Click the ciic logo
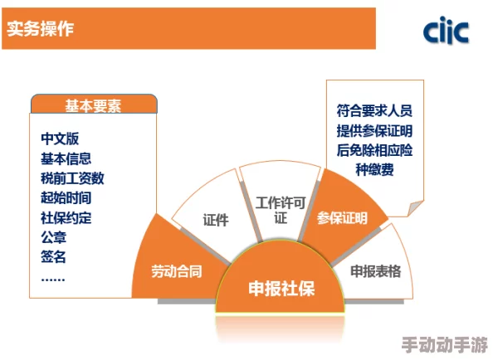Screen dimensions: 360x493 click(x=447, y=31)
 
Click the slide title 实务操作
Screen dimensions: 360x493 click(x=41, y=29)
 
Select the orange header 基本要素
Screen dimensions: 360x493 click(x=93, y=105)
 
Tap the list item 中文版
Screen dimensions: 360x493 click(x=60, y=139)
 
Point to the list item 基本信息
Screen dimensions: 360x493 click(x=66, y=158)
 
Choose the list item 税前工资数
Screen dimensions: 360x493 click(x=72, y=178)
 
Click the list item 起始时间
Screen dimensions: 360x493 click(x=66, y=198)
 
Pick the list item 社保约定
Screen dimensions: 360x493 click(x=66, y=218)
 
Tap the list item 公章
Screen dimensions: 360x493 click(x=53, y=238)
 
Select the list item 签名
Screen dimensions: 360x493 click(x=53, y=257)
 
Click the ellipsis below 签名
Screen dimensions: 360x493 click(x=52, y=277)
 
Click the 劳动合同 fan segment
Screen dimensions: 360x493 click(x=176, y=271)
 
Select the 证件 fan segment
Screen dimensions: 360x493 click(x=216, y=221)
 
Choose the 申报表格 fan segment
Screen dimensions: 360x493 click(x=375, y=270)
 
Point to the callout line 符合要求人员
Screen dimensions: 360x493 click(x=374, y=110)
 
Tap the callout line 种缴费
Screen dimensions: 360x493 click(x=374, y=170)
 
